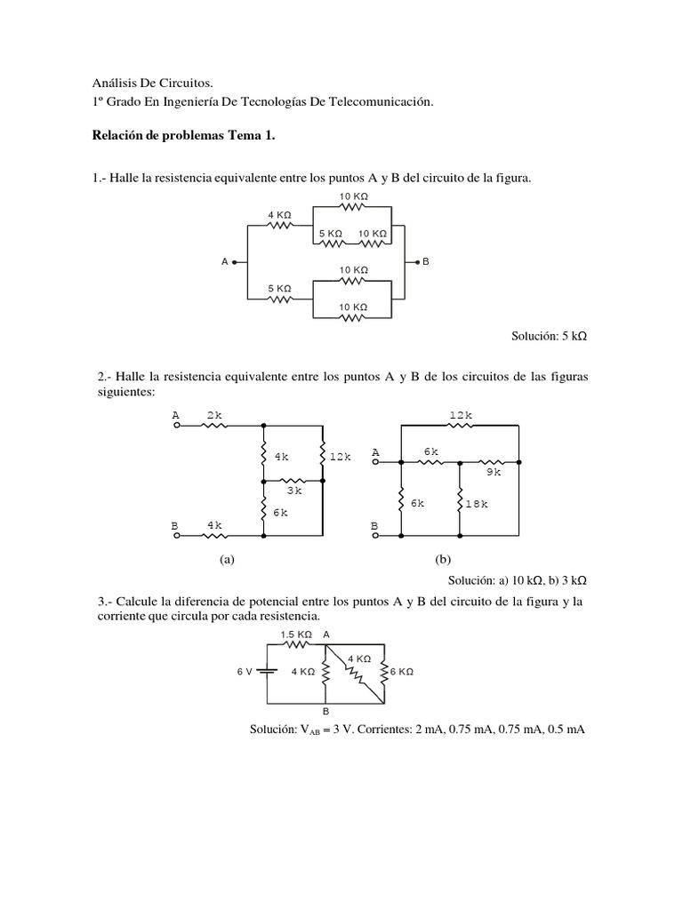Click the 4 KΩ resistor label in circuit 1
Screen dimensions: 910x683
pyautogui.click(x=279, y=215)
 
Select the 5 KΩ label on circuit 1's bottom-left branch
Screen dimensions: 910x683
pyautogui.click(x=279, y=288)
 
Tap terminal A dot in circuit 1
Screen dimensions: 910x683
pyautogui.click(x=234, y=261)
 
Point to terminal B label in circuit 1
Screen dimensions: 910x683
pyautogui.click(x=426, y=261)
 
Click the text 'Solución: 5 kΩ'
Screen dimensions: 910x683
pyautogui.click(x=550, y=338)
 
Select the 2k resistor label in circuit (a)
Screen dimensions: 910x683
pyautogui.click(x=214, y=415)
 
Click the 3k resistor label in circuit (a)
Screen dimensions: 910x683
pyautogui.click(x=294, y=490)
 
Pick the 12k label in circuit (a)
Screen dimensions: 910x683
pyautogui.click(x=341, y=457)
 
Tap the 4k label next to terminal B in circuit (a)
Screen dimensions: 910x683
pyautogui.click(x=214, y=526)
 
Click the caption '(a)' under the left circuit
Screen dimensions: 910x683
pyautogui.click(x=226, y=560)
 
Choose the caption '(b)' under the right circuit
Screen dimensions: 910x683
pyautogui.click(x=443, y=560)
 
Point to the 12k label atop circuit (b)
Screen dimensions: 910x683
pyautogui.click(x=460, y=415)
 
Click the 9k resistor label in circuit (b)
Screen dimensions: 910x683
pyautogui.click(x=494, y=473)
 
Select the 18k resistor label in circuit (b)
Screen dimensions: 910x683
pyautogui.click(x=478, y=503)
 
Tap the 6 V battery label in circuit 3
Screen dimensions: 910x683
pyautogui.click(x=245, y=672)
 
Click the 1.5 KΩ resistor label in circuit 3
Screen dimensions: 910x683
pyautogui.click(x=296, y=635)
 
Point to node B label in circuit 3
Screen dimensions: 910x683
pyautogui.click(x=325, y=712)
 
